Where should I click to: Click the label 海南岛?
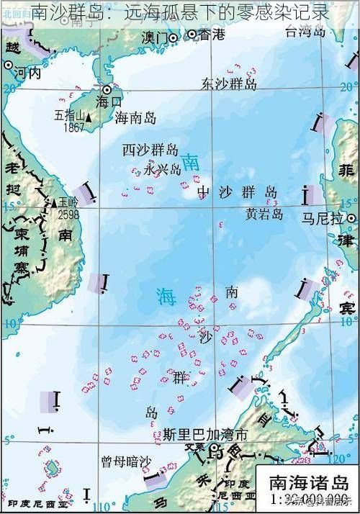[136, 117]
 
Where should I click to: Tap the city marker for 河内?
[8, 65]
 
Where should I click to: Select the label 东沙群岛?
[230, 84]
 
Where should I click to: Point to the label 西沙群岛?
[150, 150]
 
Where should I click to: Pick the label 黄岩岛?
[264, 214]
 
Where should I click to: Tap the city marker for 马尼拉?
[351, 217]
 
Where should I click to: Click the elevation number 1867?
[74, 127]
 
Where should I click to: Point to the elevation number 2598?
[69, 215]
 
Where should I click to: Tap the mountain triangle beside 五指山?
[89, 117]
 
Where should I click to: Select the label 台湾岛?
[307, 31]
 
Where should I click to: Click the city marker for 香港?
[192, 34]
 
